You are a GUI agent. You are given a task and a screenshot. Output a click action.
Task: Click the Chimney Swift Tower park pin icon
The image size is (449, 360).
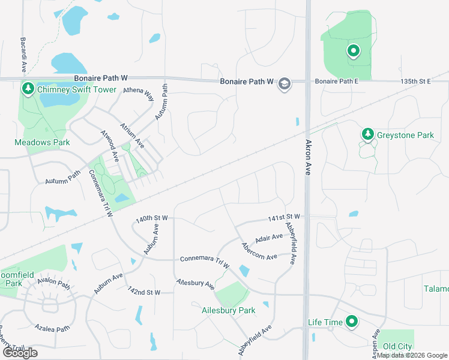pos(28,89)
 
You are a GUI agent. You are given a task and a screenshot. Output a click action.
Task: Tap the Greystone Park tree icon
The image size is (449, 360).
pos(367,134)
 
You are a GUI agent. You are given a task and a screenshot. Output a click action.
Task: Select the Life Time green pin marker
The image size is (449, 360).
pos(351,322)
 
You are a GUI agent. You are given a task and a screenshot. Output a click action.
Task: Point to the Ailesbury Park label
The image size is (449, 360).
pos(228,310)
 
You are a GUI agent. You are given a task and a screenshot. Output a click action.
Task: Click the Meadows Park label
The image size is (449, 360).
pos(42,142)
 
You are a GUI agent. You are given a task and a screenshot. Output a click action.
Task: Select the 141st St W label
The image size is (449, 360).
pos(285,217)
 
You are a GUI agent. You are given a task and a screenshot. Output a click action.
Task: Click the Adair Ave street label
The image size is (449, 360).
pos(268,238)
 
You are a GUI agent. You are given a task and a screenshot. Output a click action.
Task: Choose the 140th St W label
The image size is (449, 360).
pos(152,220)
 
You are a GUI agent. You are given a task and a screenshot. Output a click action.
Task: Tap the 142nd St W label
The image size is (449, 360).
pos(143,292)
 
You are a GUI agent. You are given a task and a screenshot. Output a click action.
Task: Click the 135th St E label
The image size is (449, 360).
pos(416,81)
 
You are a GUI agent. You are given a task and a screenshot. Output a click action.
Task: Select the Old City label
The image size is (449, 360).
pos(397,346)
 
